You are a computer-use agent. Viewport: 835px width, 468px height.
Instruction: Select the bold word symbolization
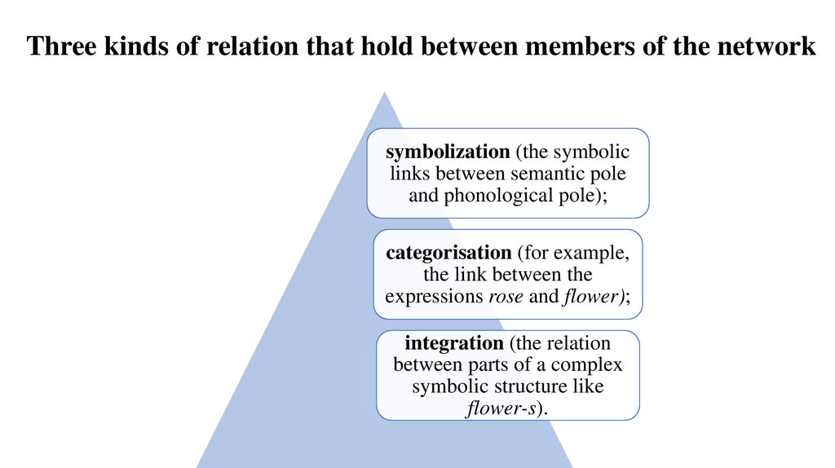click(x=435, y=152)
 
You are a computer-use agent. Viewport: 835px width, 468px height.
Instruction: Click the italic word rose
click(x=506, y=296)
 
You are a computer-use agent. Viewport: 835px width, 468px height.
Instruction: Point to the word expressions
click(x=434, y=296)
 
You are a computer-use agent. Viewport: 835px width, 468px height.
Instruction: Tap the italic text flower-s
click(x=501, y=407)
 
